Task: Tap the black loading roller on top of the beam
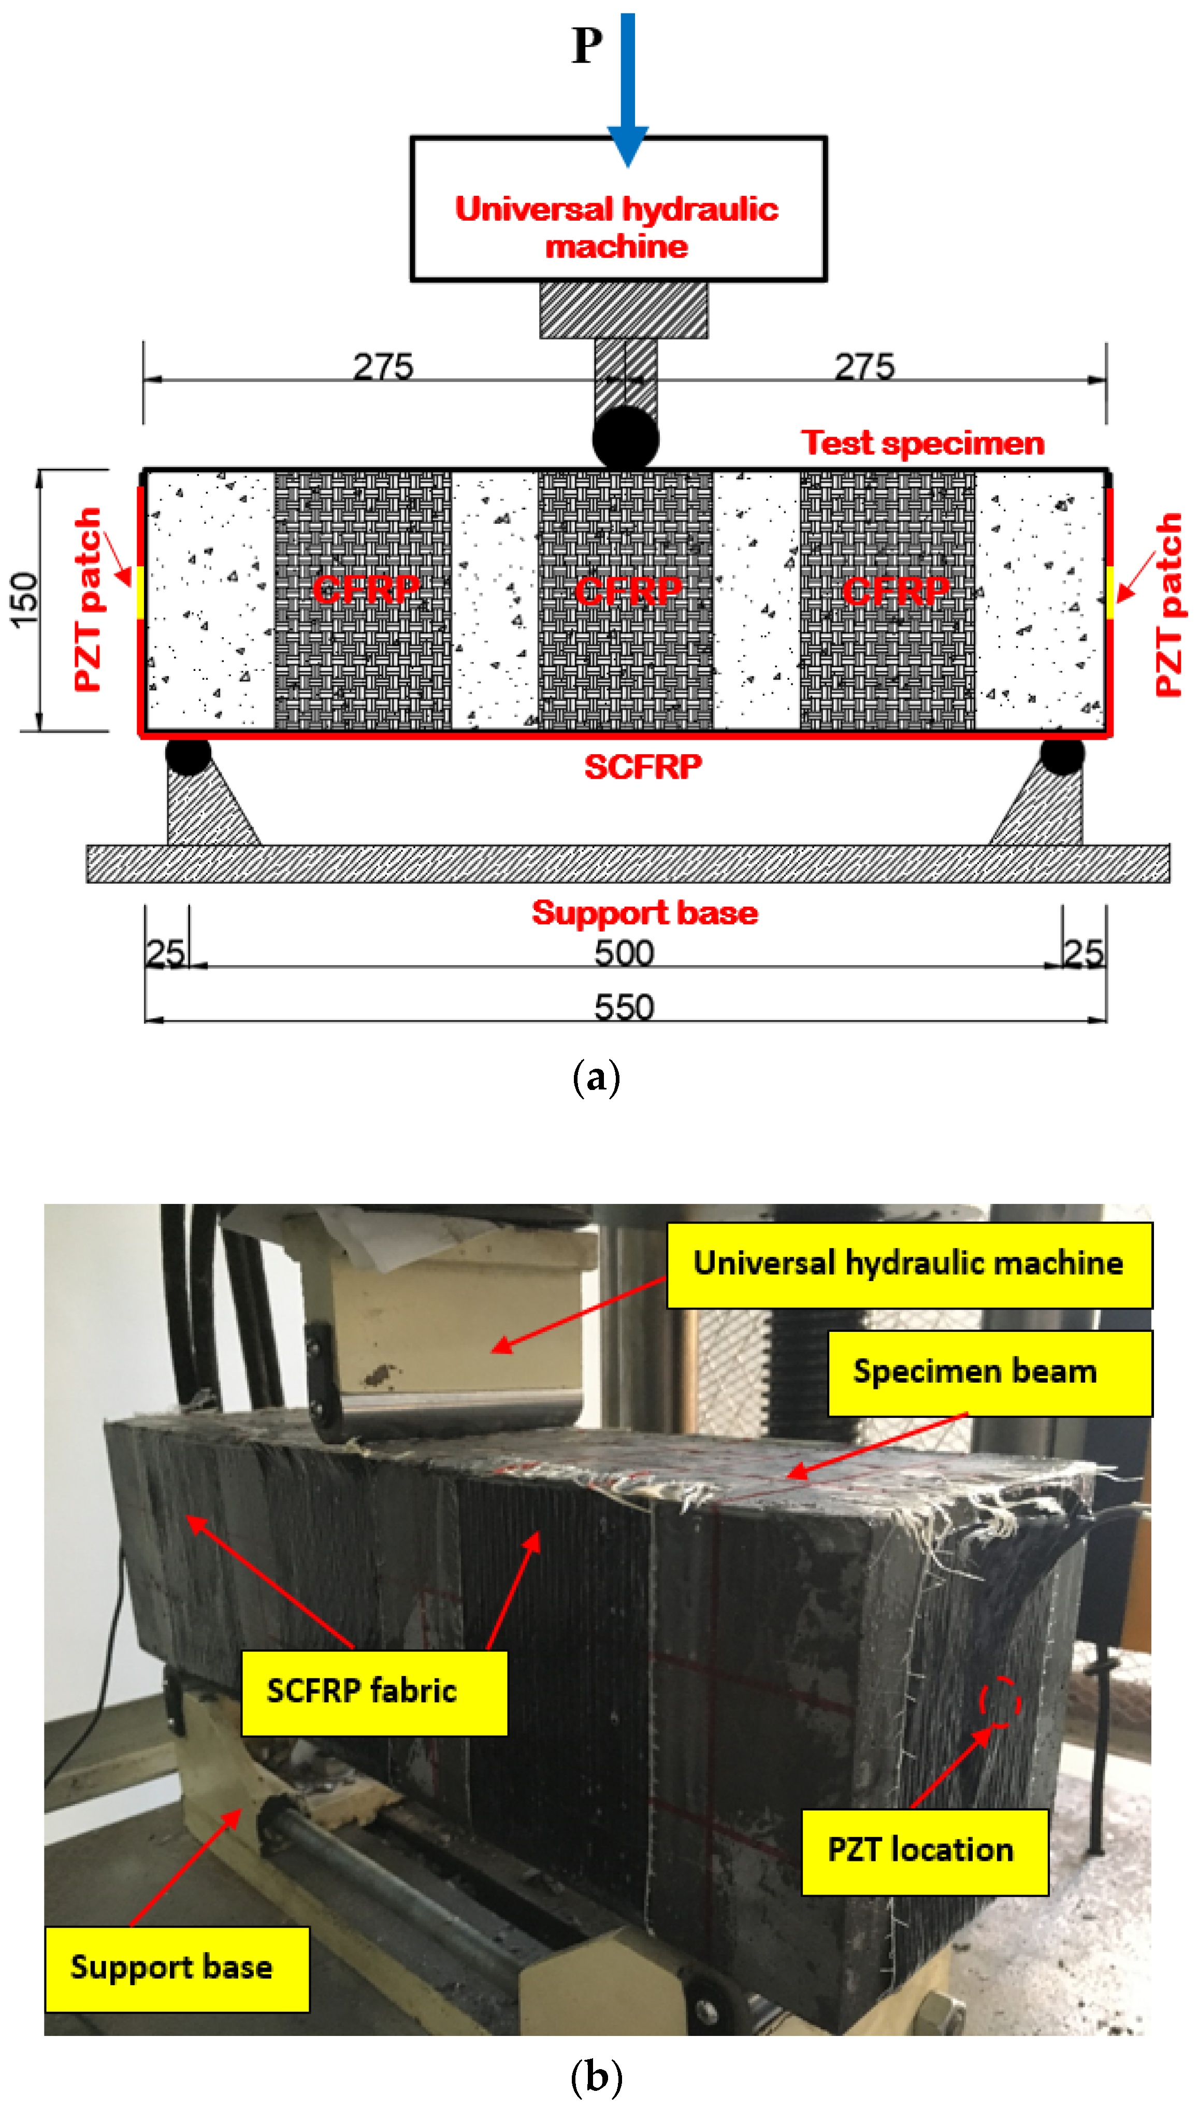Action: [x=625, y=439]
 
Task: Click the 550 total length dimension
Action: [x=624, y=1007]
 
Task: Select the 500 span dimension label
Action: [x=624, y=953]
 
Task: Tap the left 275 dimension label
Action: [x=383, y=367]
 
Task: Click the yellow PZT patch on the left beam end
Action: [x=141, y=593]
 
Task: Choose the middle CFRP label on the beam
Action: [x=628, y=591]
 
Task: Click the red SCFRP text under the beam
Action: [x=643, y=767]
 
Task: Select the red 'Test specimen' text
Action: [x=922, y=443]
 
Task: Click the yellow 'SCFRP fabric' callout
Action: [x=373, y=1691]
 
